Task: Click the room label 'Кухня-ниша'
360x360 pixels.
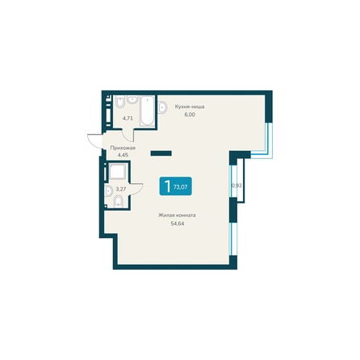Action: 190,107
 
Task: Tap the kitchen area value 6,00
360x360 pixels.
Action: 190,115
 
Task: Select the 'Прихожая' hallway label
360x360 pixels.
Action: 123,148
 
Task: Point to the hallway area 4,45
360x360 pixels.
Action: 123,155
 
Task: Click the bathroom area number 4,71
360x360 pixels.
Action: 128,118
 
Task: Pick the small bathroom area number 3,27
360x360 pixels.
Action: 121,189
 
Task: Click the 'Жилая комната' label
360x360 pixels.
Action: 177,216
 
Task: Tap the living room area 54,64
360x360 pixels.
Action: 178,224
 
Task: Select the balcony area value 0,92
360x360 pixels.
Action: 237,186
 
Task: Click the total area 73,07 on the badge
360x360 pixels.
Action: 181,187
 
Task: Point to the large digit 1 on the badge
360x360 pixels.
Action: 167,186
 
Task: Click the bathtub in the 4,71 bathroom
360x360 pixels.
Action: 147,111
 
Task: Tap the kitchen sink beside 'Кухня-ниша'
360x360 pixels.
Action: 162,107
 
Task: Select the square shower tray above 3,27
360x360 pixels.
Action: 117,171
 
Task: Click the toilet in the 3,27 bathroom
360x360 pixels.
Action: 119,202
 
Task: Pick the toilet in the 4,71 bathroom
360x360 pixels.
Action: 120,102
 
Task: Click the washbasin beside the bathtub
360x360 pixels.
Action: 132,99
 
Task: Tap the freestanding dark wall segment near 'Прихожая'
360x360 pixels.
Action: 161,153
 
